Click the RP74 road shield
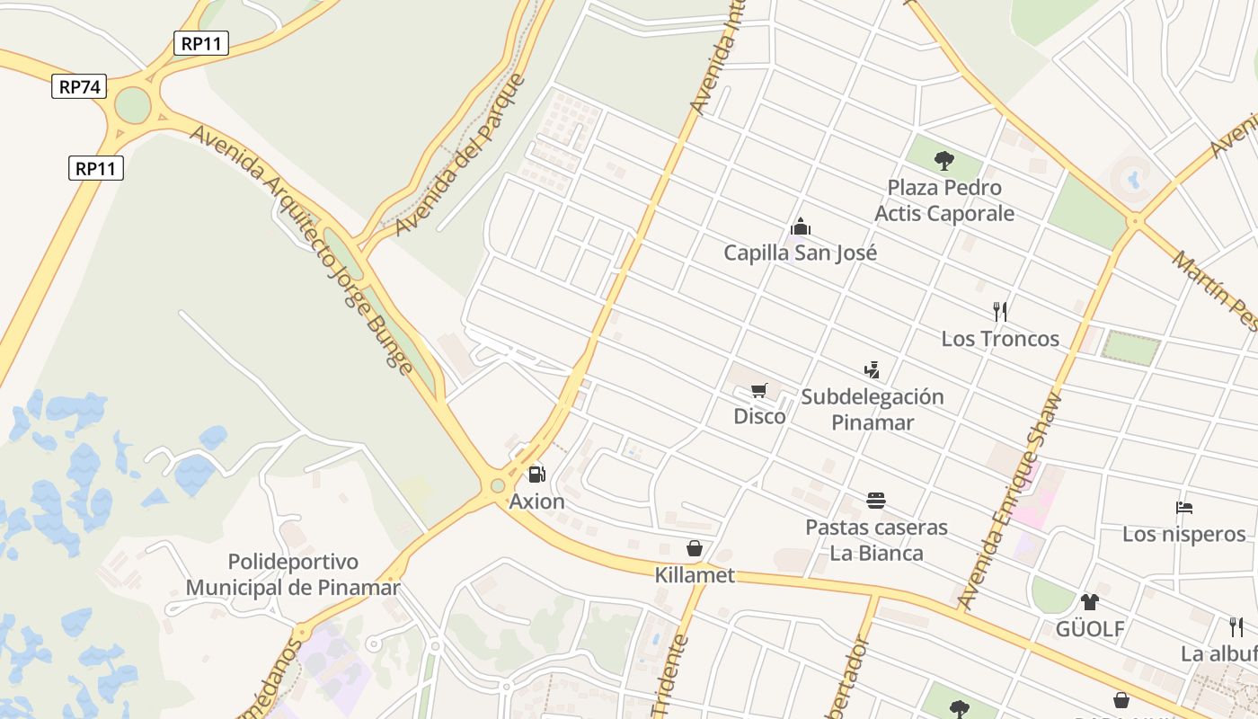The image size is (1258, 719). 79,86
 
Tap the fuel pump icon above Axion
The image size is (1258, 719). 536,474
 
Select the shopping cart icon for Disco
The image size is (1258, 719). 759,390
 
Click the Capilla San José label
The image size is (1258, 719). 800,253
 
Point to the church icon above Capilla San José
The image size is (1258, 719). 800,226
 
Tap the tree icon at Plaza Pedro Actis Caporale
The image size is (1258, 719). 943,161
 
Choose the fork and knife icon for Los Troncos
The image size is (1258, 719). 999,312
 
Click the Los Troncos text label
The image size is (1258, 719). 999,339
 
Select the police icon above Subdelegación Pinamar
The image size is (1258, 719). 871,369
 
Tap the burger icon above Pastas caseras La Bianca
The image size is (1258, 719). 876,500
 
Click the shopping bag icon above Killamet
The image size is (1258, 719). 694,547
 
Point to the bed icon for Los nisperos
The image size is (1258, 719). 1183,508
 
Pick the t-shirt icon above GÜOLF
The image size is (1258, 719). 1089,601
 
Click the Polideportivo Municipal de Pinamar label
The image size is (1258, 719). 293,575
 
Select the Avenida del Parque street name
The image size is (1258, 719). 460,155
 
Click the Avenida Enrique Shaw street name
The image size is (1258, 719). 1011,501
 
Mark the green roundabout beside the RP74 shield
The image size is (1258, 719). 132,105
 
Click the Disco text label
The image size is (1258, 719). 759,416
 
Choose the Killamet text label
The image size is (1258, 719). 695,575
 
